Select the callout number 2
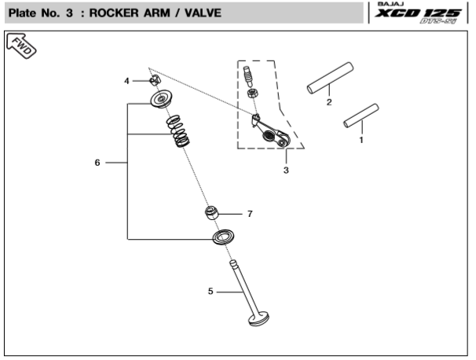(329, 102)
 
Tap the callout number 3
(286, 170)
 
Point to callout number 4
(126, 81)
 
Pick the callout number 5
(211, 292)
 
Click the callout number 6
(97, 163)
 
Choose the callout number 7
(249, 214)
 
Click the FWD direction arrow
(21, 47)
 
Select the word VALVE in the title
(202, 13)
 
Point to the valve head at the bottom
(258, 319)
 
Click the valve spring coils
(178, 132)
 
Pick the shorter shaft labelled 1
(361, 116)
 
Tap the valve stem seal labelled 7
(212, 213)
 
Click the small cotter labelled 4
(155, 80)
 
